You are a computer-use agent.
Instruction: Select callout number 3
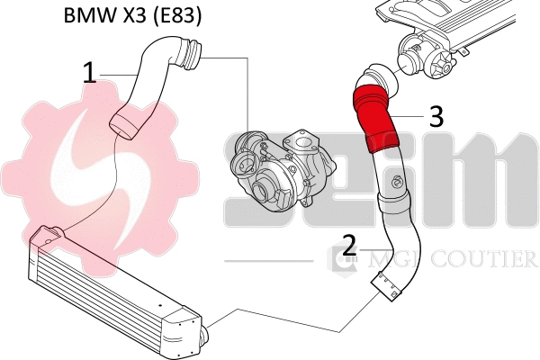point(435,115)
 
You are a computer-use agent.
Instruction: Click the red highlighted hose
point(377,115)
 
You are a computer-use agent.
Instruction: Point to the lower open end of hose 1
point(122,124)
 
